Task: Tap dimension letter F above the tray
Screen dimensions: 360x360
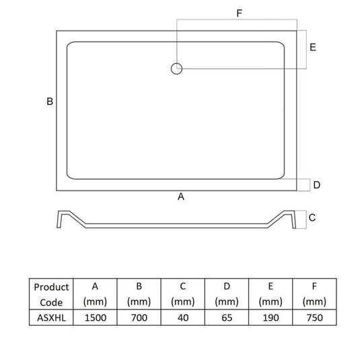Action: [240, 13]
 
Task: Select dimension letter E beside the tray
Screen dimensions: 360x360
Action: [313, 47]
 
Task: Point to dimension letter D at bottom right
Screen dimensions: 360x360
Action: [317, 185]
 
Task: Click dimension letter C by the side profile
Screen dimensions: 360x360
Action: [312, 217]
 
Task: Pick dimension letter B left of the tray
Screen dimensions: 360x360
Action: [50, 102]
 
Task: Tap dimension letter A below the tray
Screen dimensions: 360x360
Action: [181, 196]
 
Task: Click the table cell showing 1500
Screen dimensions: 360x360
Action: [96, 318]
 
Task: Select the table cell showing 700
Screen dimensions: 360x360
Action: [139, 318]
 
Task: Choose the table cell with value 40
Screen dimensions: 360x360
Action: [183, 318]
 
